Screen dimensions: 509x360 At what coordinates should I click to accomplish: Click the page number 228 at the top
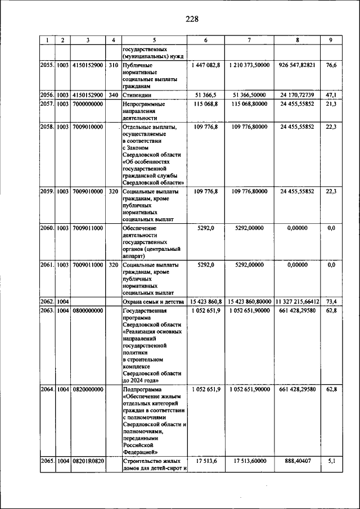pos(192,19)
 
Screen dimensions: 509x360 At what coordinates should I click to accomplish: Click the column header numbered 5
pos(153,40)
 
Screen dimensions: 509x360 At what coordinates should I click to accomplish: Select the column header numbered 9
pos(331,40)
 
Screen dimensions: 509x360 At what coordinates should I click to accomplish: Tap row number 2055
pos(47,66)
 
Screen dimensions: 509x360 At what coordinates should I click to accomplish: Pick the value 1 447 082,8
pos(205,66)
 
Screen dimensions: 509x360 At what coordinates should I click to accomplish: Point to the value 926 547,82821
pos(297,66)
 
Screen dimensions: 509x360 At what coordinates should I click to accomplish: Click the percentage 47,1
pos(331,95)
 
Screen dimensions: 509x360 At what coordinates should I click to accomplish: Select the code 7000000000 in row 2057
pos(87,104)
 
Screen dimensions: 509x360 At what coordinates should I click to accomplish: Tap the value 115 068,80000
pos(249,104)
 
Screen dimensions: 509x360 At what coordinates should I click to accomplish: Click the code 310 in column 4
pos(113,66)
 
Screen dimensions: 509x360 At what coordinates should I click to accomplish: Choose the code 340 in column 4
pos(113,95)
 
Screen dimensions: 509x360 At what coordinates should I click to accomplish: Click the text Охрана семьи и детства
pos(152,302)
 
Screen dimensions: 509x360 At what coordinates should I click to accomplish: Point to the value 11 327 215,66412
pos(297,302)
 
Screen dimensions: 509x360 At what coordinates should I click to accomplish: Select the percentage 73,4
pos(331,302)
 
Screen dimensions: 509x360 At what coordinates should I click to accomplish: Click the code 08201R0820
pos(87,460)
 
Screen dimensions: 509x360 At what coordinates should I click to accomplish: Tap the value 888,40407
pos(297,460)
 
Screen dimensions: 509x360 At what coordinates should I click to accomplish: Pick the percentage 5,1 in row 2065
pos(331,460)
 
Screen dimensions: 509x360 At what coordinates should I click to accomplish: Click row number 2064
pos(47,389)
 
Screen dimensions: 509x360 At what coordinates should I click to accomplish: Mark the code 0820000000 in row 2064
pos(87,389)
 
